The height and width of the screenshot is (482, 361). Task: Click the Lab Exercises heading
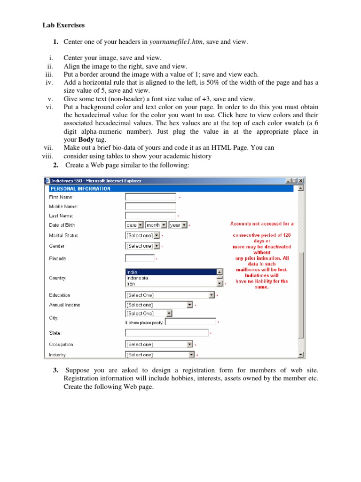(64, 25)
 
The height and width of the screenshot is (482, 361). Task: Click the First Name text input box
(150, 197)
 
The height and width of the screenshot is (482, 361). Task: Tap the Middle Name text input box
(150, 206)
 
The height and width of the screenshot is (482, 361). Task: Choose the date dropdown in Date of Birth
(134, 225)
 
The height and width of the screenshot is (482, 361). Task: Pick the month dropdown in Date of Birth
(156, 225)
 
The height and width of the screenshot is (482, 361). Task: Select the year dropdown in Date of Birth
(178, 225)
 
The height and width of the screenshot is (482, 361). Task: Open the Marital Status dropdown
(142, 235)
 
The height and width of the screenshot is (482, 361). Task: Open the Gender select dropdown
(142, 246)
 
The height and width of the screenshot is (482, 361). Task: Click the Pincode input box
(140, 258)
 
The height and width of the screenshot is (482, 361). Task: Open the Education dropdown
(170, 295)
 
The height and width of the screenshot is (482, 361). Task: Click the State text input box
(166, 333)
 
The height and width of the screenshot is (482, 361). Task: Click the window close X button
(301, 181)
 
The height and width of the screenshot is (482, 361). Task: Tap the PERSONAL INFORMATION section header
(80, 189)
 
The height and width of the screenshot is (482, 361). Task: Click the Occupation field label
(61, 345)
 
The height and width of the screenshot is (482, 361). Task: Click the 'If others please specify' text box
(191, 322)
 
